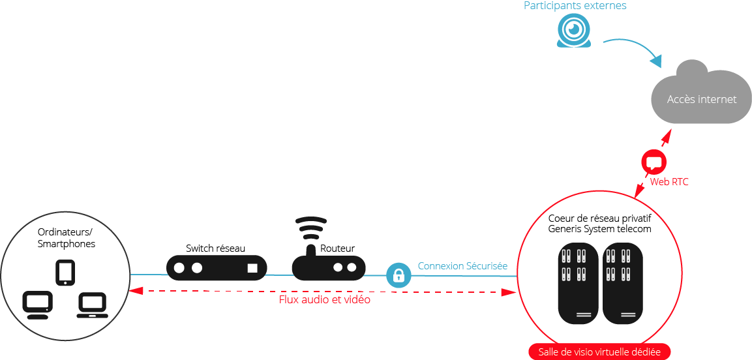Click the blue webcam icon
(575, 31)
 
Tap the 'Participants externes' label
(575, 6)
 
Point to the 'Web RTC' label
(669, 182)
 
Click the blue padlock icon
(399, 275)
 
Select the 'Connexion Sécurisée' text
(462, 266)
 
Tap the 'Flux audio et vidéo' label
(325, 300)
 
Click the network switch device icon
(217, 267)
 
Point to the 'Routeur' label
(338, 248)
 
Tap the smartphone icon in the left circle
(65, 273)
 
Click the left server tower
(578, 284)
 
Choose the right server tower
(623, 284)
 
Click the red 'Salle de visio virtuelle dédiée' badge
(599, 352)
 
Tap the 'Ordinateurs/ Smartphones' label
(66, 238)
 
